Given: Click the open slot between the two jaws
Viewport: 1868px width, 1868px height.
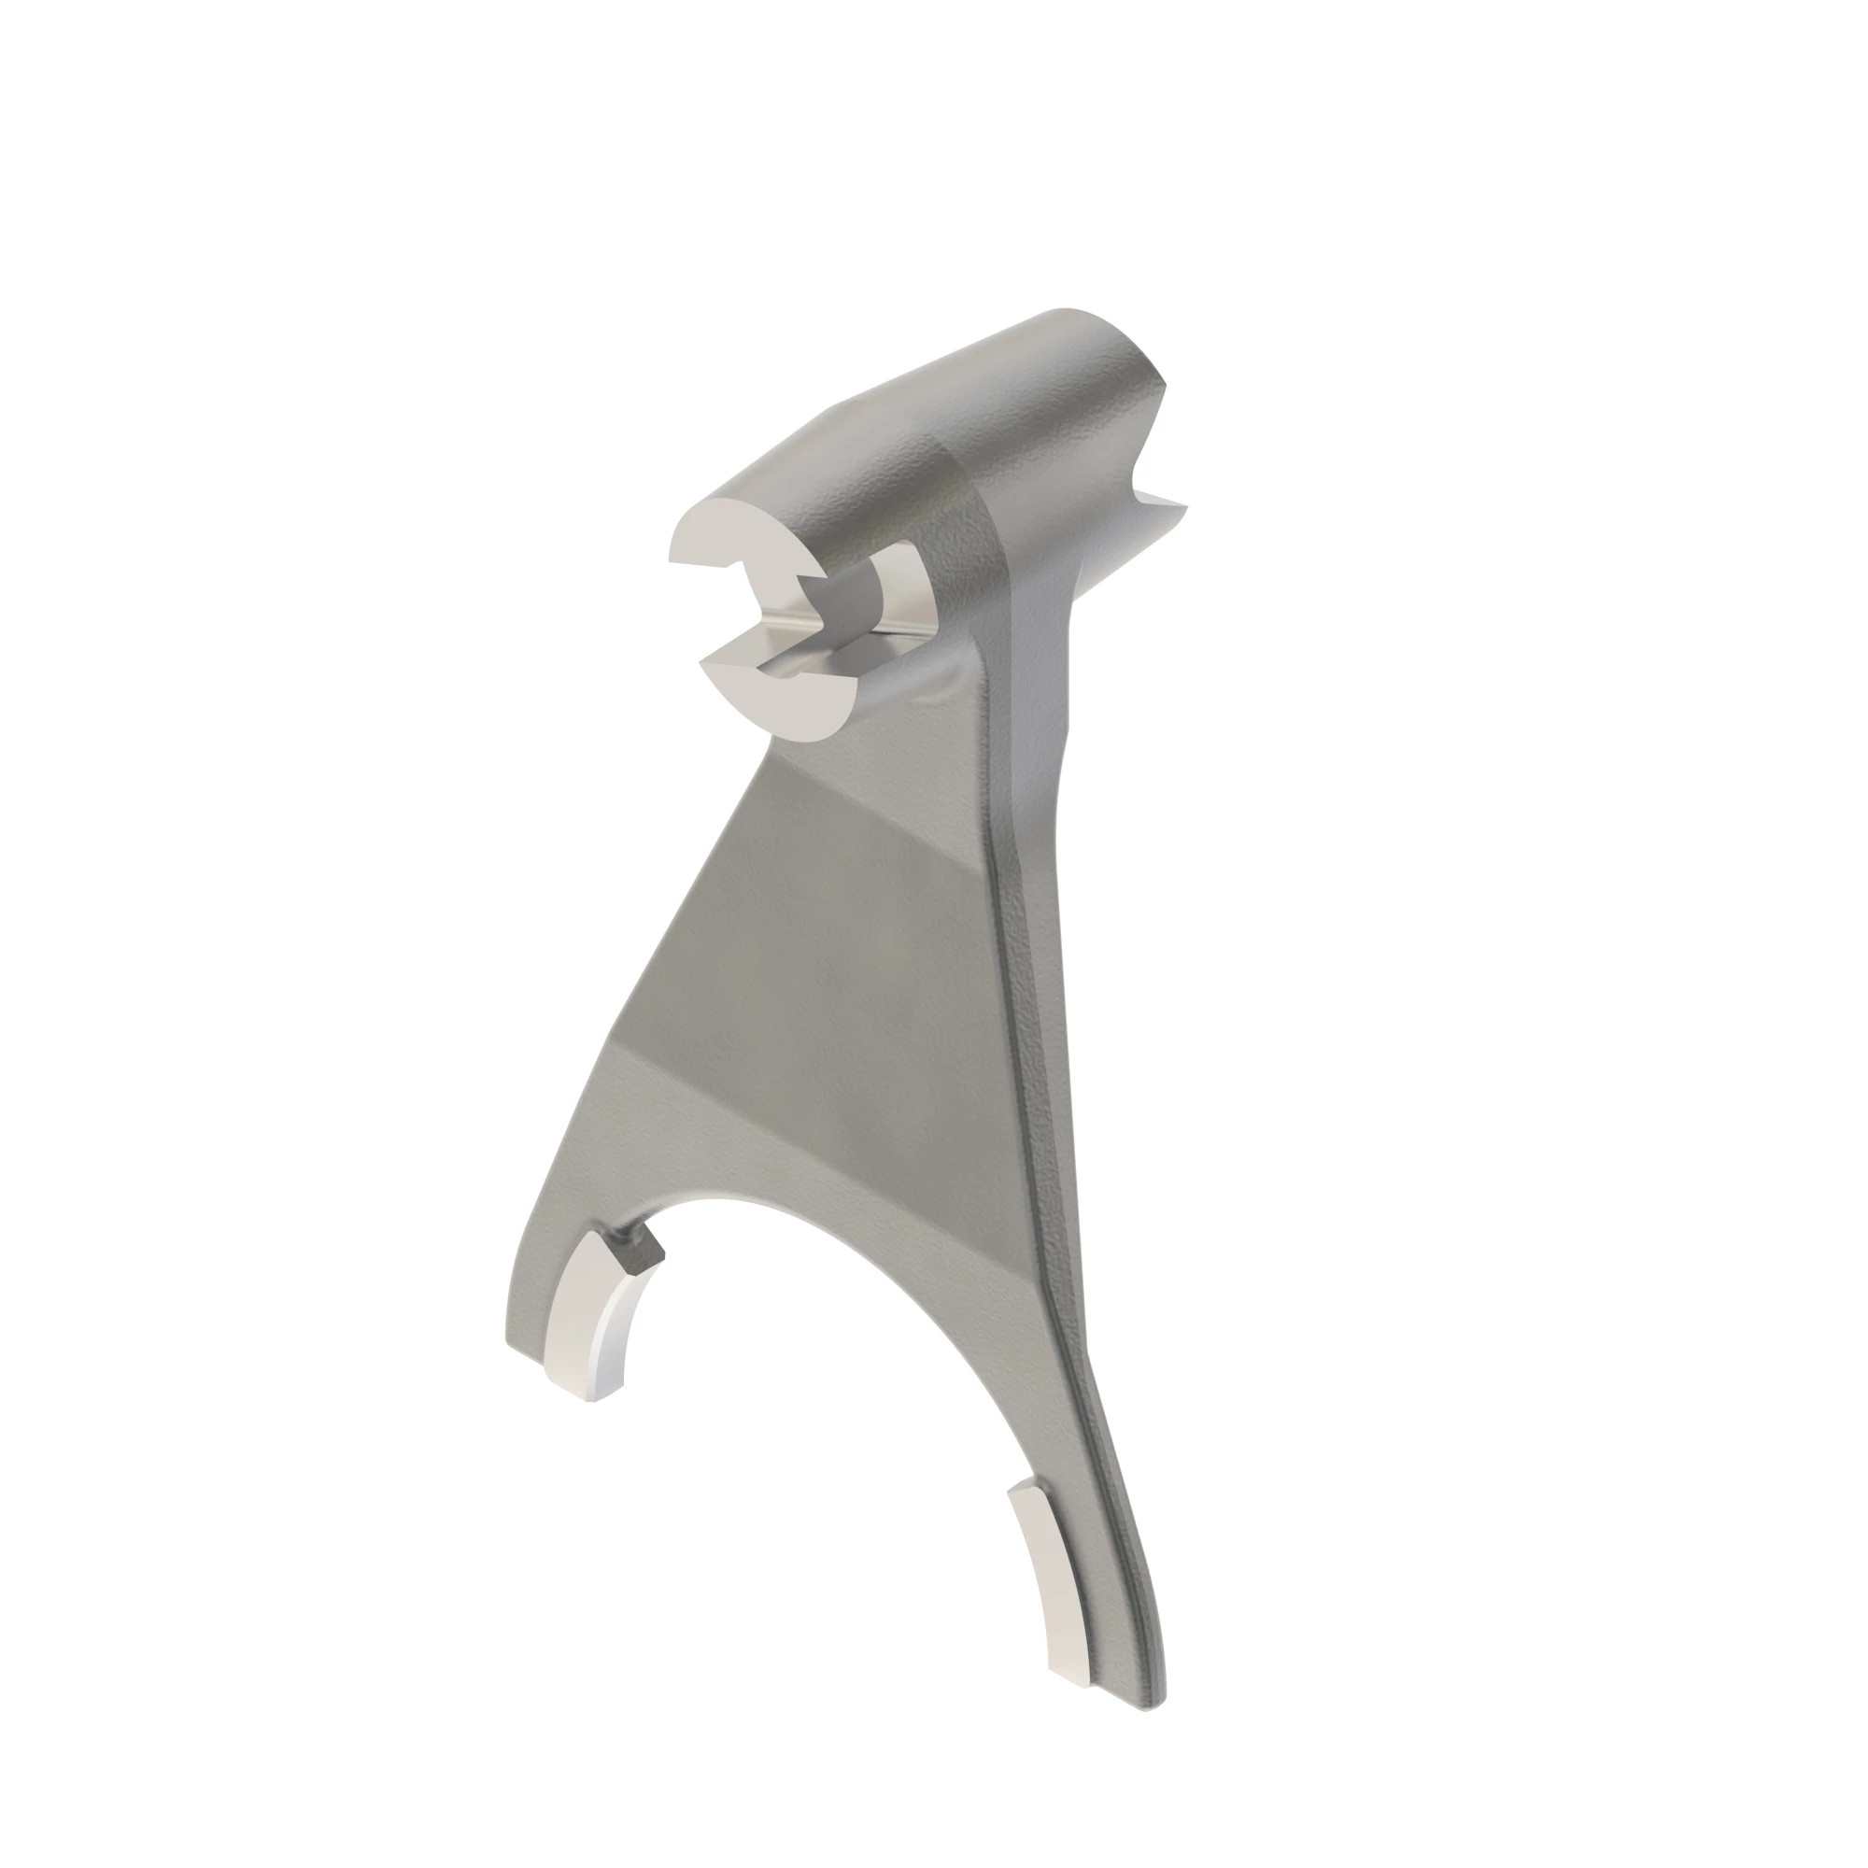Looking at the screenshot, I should tap(764, 619).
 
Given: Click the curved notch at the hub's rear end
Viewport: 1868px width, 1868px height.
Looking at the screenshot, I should tap(1151, 455).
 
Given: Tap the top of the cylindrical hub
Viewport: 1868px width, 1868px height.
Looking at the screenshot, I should tap(967, 387).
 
